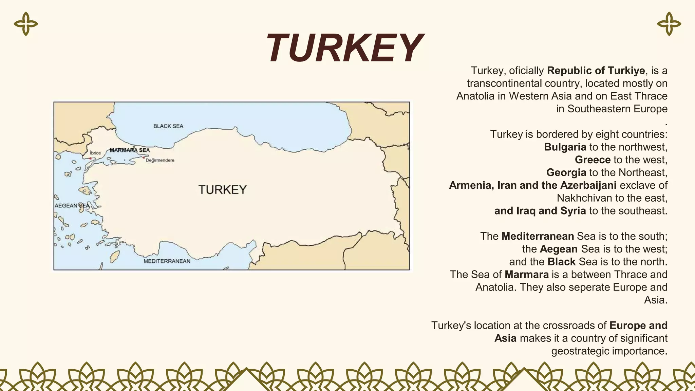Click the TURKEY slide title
click(343, 48)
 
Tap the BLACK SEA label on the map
click(168, 126)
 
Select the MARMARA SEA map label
click(130, 150)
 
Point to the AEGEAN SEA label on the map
click(72, 206)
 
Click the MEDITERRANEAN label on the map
click(167, 261)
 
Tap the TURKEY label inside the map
click(222, 190)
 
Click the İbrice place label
click(95, 153)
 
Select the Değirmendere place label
click(160, 160)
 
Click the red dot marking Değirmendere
click(144, 157)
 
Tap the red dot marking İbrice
click(90, 159)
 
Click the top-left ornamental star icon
click(26, 24)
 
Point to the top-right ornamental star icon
click(669, 24)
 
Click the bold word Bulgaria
click(565, 147)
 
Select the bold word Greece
click(593, 160)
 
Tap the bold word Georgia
click(566, 172)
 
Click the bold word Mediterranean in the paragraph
click(538, 236)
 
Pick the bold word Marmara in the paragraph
click(526, 274)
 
